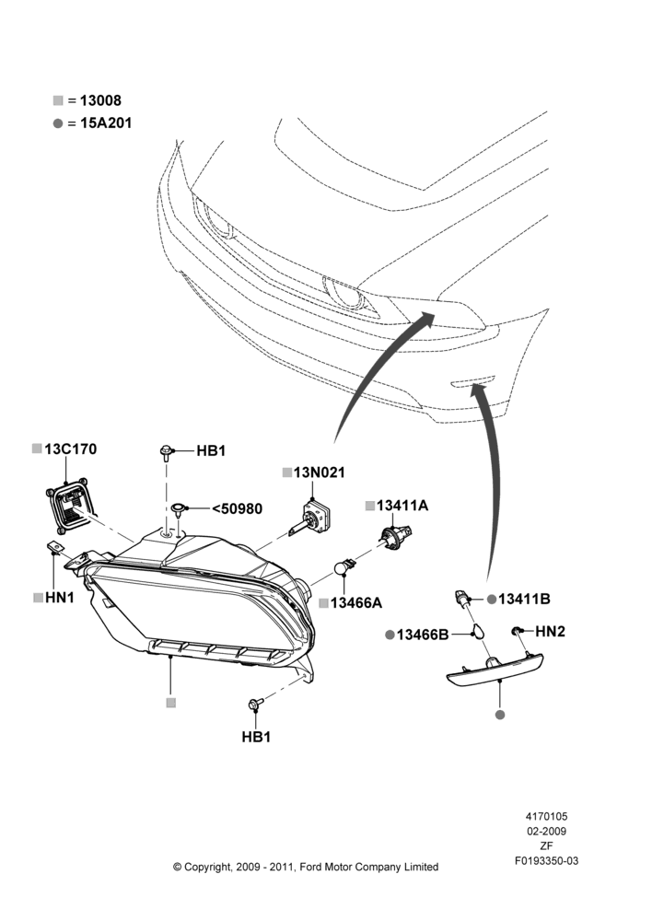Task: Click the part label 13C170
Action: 71,449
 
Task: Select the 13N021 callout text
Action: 320,472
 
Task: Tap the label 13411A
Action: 402,506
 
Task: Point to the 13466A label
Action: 356,603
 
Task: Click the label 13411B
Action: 524,600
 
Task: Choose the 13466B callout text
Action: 423,635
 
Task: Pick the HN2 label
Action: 550,632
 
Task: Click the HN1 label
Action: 60,598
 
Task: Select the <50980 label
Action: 237,508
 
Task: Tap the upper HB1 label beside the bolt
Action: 211,451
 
